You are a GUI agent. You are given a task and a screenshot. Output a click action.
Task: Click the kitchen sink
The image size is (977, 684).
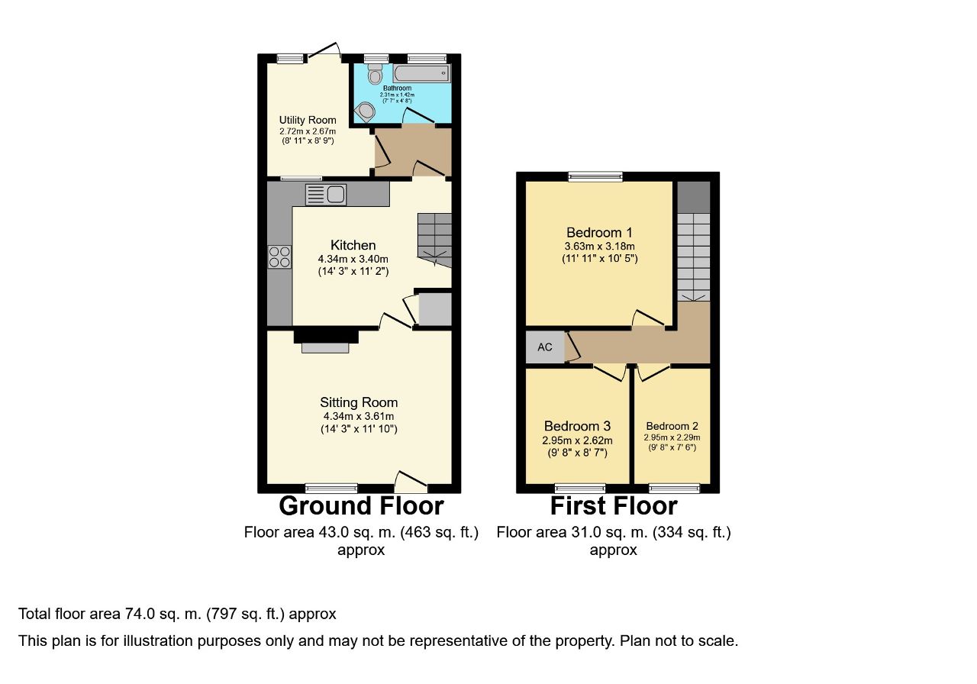pos(326,194)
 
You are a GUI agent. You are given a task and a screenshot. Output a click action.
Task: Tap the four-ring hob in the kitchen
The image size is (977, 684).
pos(279,257)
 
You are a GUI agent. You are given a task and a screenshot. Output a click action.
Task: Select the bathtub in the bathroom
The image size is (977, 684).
pos(421,74)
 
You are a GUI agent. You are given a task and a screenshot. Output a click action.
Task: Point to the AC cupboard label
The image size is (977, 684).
pos(545,347)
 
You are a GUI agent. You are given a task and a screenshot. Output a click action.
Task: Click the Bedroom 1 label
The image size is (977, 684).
pos(599,233)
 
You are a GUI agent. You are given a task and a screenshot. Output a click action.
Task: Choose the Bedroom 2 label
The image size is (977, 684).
pos(672,426)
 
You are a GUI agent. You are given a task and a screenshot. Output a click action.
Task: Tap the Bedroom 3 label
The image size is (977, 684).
pos(578,426)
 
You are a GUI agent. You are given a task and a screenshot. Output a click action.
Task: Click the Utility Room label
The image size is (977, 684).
pos(308,120)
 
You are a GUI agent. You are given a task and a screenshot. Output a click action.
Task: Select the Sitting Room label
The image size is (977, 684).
pos(359,402)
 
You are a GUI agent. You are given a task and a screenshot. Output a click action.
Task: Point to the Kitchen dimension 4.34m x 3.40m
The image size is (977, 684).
pos(353,259)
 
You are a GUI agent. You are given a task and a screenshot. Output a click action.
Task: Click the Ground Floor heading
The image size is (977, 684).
pos(361,506)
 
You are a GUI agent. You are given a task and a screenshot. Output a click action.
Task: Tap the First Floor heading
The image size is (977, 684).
pos(614,506)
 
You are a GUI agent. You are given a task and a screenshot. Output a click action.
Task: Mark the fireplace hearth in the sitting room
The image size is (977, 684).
pos(325,347)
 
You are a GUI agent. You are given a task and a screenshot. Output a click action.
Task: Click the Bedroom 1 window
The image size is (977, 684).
pos(595,176)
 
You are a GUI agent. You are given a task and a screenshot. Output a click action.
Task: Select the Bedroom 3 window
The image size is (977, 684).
pos(580,488)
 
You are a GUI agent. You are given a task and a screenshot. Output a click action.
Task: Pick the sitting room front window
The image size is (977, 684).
pos(331,488)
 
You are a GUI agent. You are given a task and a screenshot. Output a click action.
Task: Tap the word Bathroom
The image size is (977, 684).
pos(397,88)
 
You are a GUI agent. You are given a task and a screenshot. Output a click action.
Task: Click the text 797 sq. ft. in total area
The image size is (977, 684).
pos(246,615)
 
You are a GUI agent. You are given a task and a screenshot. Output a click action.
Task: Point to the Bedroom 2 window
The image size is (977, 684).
pos(674,488)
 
